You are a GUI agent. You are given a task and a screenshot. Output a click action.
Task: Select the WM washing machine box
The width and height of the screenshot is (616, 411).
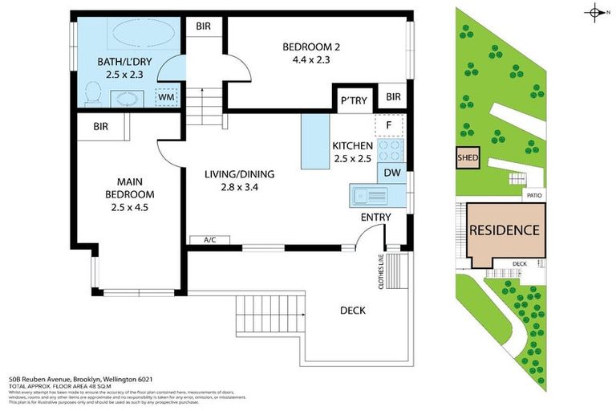coord(166,96)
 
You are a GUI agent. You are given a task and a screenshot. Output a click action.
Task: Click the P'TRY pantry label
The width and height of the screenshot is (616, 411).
coord(354,101)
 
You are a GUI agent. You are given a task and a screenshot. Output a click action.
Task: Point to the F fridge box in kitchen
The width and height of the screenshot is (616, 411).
coord(389,126)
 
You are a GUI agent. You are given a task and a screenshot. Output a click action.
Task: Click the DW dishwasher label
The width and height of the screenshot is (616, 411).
coord(392,172)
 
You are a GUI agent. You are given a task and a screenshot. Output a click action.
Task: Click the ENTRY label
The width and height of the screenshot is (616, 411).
coord(376,217)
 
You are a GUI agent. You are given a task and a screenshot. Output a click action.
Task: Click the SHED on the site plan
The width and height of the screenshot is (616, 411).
coord(467,158)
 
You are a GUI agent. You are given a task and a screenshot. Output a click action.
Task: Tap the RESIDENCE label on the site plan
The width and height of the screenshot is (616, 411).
coord(504,230)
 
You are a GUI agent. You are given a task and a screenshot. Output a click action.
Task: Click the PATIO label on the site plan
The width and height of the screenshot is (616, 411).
coord(533,195)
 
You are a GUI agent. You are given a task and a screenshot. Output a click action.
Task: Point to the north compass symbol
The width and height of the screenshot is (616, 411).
coord(594,11)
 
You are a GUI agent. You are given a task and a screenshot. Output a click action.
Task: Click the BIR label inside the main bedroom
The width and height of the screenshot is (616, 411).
coord(100,126)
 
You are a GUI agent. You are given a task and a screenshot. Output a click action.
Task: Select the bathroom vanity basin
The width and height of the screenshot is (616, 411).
coord(127,98)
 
